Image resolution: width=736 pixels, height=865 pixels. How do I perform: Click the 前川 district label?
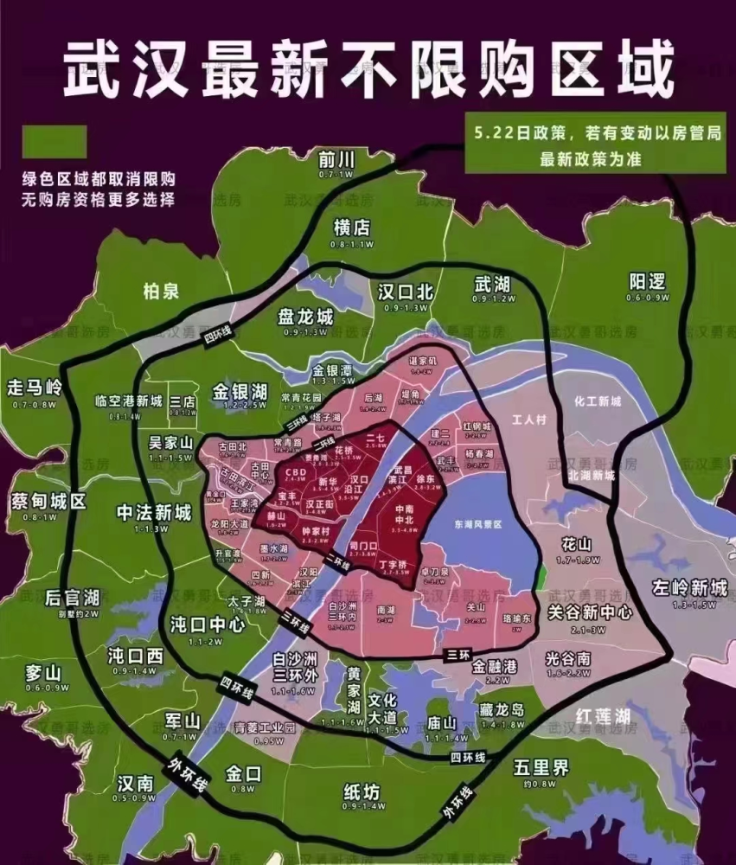click(336, 159)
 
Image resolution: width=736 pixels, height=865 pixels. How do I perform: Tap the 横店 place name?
click(351, 227)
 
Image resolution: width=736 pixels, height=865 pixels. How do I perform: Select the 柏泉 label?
click(161, 291)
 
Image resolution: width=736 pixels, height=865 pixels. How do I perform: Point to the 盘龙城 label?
click(304, 317)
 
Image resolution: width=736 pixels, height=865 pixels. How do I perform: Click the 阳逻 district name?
click(648, 282)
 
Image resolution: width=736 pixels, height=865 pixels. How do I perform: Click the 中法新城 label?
click(153, 512)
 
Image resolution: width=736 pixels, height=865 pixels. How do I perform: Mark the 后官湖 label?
click(72, 598)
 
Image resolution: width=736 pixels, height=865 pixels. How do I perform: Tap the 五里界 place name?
click(541, 767)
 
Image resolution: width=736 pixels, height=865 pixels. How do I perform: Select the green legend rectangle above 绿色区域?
click(54, 142)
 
